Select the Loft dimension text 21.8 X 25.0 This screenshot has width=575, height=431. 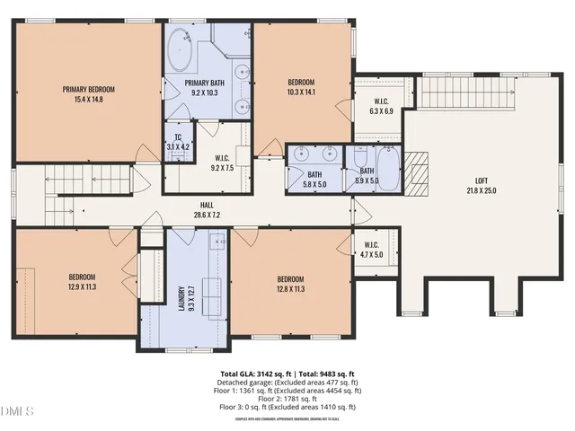[x=482, y=189]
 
